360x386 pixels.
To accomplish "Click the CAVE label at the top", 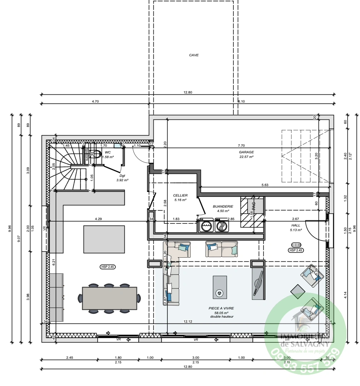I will coord(194,55).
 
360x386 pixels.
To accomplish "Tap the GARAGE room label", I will coord(246,152).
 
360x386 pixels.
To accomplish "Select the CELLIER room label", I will coord(181,196).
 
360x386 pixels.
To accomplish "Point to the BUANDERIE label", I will coord(223,206).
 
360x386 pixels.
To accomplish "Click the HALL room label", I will coord(296,226).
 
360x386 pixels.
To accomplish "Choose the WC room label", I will coord(108,152).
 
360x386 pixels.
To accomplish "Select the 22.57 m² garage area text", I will coord(246,157).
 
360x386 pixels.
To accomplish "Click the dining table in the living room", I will coord(109,298).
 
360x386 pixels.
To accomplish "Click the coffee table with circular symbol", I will coord(220,287).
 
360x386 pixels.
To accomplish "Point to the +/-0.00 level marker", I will coord(296,245).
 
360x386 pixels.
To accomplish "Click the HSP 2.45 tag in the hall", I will coord(296,250).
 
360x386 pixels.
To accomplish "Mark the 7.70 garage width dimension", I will coord(241,145).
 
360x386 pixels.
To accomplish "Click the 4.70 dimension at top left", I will coord(95,102).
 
